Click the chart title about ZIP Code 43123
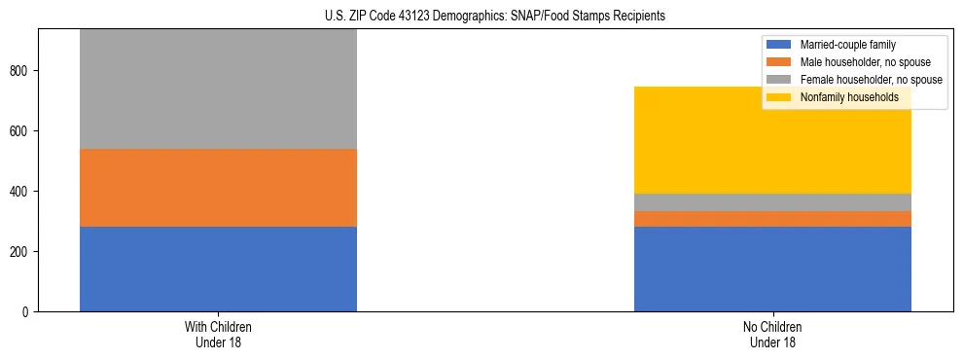pos(495,17)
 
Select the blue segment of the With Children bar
pos(218,269)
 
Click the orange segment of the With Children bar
pos(218,188)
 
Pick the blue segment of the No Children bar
pos(772,269)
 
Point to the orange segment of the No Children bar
pos(772,219)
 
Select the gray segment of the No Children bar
pos(772,202)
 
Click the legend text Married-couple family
pos(847,45)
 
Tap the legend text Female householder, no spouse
pos(870,80)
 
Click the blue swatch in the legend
pos(780,45)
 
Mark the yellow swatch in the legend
pos(780,97)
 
